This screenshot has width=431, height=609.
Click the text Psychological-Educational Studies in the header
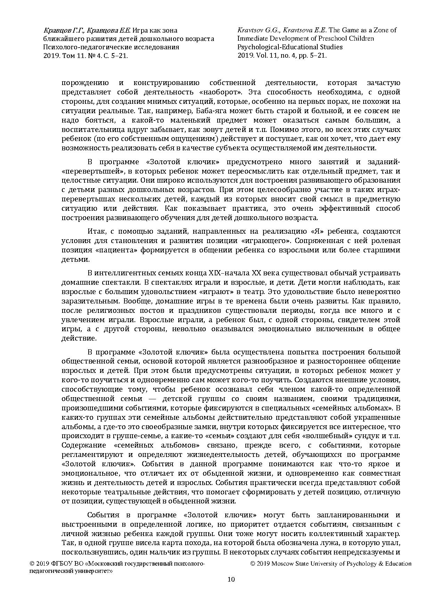click(290, 47)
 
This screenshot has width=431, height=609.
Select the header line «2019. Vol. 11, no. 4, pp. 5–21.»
click(282, 55)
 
